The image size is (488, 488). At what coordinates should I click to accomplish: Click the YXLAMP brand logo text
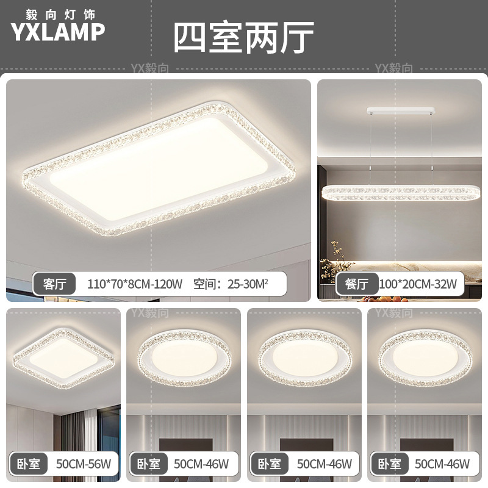pos(58,32)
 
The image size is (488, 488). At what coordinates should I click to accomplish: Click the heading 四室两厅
pos(243,37)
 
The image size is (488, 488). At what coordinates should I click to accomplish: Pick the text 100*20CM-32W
pos(418,284)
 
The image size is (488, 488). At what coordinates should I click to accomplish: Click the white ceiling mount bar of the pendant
pos(401,112)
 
